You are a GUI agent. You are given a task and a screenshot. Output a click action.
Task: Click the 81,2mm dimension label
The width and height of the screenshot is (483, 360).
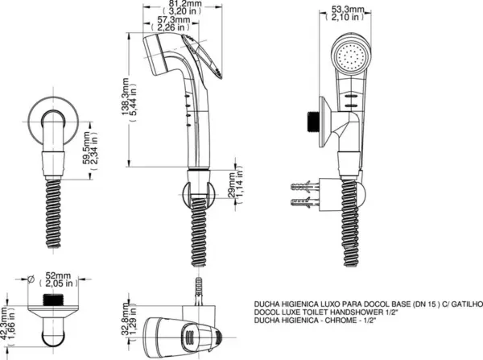point(185,4)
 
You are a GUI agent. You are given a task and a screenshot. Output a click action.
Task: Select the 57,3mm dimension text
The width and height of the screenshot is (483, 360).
point(173,19)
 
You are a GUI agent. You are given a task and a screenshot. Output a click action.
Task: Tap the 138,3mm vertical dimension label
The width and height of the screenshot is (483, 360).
point(125,97)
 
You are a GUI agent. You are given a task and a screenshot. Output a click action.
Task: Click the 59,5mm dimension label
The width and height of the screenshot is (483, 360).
point(87,148)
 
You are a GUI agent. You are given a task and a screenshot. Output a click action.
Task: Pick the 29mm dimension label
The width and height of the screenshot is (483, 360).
point(231,185)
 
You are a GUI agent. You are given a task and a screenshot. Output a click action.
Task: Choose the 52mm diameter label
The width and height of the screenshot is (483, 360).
point(58,275)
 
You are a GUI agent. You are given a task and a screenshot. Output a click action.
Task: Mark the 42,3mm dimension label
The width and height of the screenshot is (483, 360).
point(4,323)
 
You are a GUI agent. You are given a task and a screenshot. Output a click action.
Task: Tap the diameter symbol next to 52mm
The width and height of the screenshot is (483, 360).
point(31,279)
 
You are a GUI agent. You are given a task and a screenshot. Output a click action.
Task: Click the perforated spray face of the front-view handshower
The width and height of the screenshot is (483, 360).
point(352,57)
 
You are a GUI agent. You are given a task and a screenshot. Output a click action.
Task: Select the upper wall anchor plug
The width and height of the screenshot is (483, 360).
point(304,187)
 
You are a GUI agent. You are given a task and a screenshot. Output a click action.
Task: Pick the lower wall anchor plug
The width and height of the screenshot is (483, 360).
point(304,202)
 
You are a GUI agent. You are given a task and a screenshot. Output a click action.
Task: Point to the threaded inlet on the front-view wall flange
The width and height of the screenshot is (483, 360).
point(312,121)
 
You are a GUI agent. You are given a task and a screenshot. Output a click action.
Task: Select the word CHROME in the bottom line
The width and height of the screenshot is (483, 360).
point(340,321)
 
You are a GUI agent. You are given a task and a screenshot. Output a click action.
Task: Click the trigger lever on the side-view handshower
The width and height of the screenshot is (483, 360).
point(203,57)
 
